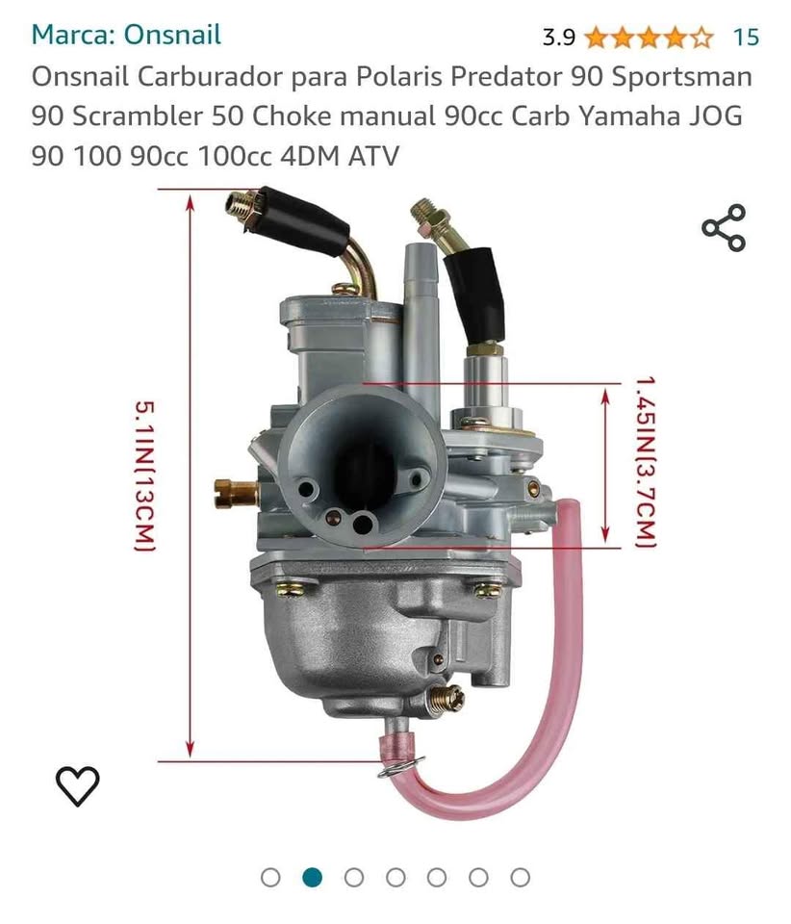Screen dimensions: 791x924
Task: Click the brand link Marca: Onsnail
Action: pyautogui.click(x=126, y=35)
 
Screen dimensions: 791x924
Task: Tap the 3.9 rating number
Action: pyautogui.click(x=558, y=38)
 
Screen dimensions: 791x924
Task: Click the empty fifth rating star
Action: pyautogui.click(x=701, y=38)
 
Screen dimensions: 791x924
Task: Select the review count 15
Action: pyautogui.click(x=746, y=38)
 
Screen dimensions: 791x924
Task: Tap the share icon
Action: pyautogui.click(x=724, y=228)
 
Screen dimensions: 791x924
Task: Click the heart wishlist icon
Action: pyautogui.click(x=78, y=785)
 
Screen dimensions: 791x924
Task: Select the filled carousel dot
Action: pyautogui.click(x=312, y=878)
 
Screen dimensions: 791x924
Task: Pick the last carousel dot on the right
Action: pyautogui.click(x=520, y=878)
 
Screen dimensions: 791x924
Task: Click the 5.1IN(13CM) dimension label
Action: pyautogui.click(x=145, y=476)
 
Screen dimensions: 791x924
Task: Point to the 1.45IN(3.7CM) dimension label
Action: pyautogui.click(x=646, y=463)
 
